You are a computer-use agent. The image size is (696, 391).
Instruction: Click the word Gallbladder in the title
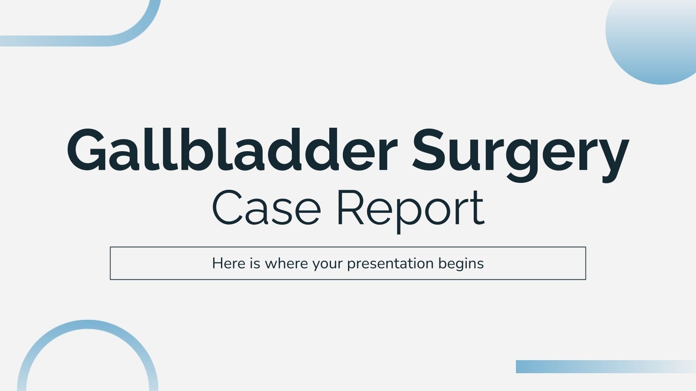click(232, 150)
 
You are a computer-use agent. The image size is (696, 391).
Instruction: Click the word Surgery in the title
click(520, 152)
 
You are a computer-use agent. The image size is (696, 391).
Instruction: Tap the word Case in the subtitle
click(266, 208)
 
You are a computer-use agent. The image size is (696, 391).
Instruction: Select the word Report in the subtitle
click(410, 209)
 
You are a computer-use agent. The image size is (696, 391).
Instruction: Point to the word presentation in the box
click(391, 264)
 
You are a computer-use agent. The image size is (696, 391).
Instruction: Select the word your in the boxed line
click(328, 264)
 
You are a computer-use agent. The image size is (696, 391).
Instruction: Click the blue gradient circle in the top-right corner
click(657, 39)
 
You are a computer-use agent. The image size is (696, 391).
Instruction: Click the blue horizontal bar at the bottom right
click(605, 366)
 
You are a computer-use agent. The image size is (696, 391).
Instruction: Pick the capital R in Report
click(350, 208)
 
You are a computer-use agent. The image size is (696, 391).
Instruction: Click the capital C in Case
click(228, 208)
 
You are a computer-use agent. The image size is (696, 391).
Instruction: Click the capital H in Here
click(217, 263)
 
